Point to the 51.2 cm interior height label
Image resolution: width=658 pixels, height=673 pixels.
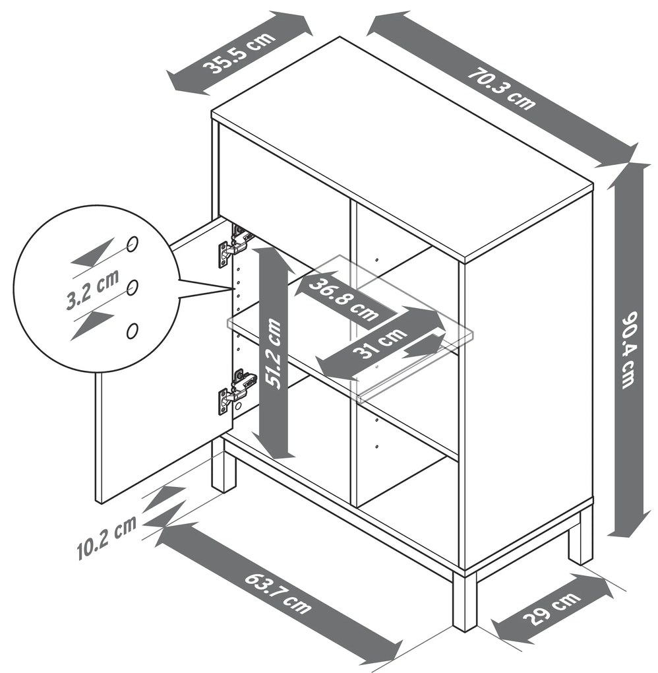(273, 353)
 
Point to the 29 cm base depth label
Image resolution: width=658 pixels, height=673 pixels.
(552, 608)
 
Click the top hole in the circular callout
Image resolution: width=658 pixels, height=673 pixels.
(133, 243)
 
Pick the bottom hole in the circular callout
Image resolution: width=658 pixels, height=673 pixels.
(133, 331)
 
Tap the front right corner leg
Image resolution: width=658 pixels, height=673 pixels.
(465, 600)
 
